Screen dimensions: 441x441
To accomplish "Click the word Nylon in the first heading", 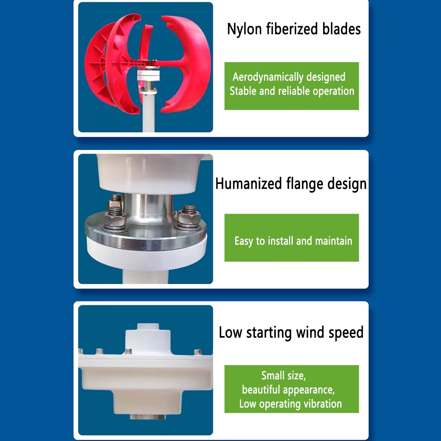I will coord(244,29).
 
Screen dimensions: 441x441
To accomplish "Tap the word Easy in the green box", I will coord(243,241).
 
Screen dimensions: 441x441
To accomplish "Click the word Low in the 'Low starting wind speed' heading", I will coord(230,333).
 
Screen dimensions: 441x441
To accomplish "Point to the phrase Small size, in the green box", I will coord(283,375).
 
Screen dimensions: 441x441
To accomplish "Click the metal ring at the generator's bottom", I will coord(148,417).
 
